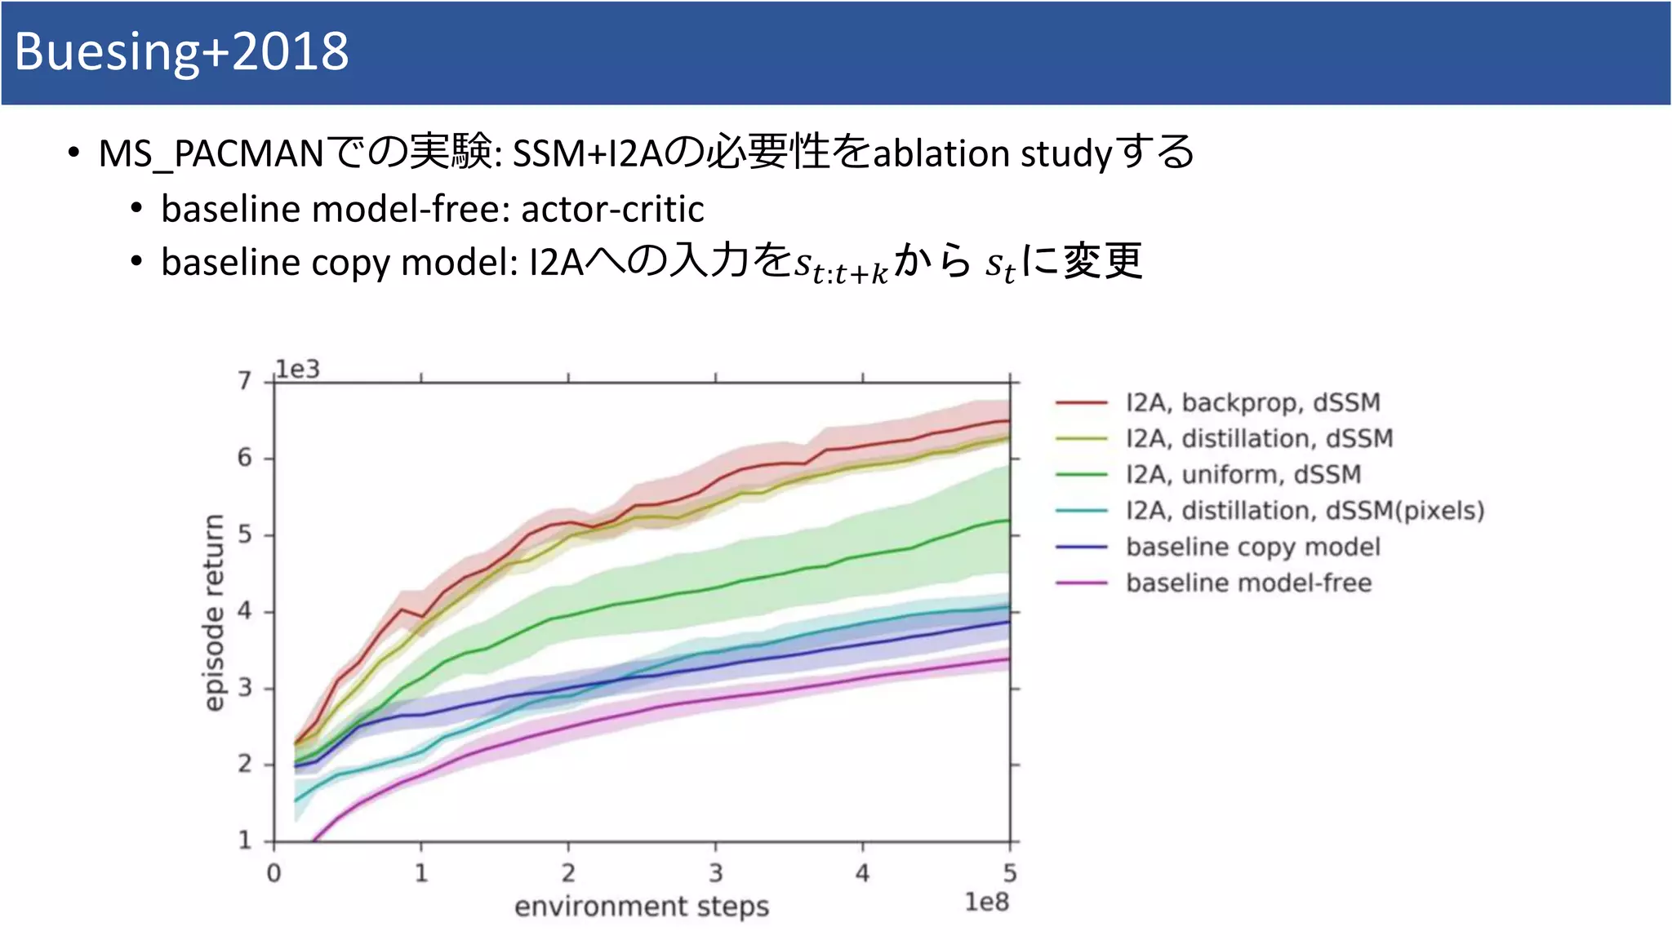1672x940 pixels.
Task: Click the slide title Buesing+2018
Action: pyautogui.click(x=181, y=51)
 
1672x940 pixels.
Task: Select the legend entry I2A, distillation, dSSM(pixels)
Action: pyautogui.click(x=1304, y=511)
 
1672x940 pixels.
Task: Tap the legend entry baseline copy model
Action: pyautogui.click(x=1252, y=547)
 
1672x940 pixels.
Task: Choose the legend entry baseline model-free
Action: pyautogui.click(x=1248, y=583)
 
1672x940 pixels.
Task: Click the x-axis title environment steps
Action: pyautogui.click(x=642, y=906)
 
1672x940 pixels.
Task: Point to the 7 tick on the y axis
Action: pyautogui.click(x=245, y=381)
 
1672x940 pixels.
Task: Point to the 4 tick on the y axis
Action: pyautogui.click(x=245, y=611)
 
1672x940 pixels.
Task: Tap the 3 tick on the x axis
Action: pyautogui.click(x=715, y=873)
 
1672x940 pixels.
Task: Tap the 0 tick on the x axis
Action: pyautogui.click(x=274, y=873)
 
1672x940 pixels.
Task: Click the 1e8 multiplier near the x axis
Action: pyautogui.click(x=986, y=902)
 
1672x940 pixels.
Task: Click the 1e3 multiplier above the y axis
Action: pyautogui.click(x=297, y=370)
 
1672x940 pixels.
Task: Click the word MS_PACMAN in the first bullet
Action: pyautogui.click(x=211, y=153)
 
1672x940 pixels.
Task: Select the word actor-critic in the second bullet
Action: pyautogui.click(x=612, y=209)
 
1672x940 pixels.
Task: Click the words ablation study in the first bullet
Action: pyautogui.click(x=992, y=153)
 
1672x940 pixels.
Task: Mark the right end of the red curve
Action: pyautogui.click(x=1009, y=421)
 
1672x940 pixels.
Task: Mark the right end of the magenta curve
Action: pyautogui.click(x=1009, y=659)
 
